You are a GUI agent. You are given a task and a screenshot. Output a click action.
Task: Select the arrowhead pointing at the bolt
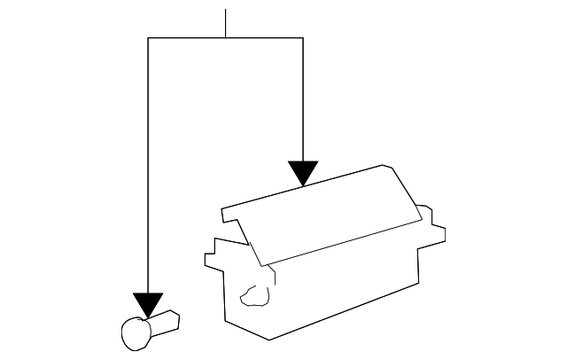tap(148, 304)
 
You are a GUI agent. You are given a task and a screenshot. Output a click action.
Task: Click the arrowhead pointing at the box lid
tap(303, 172)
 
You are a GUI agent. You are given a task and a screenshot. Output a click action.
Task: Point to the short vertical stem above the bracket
tap(226, 23)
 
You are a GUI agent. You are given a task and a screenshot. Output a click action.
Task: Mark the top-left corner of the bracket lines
tap(148, 38)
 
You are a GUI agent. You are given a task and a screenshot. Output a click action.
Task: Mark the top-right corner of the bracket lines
tap(303, 38)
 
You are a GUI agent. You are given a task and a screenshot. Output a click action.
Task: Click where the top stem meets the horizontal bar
tap(226, 38)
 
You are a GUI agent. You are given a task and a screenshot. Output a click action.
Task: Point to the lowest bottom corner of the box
tap(269, 339)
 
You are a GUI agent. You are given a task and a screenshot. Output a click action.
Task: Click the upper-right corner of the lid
tap(384, 166)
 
